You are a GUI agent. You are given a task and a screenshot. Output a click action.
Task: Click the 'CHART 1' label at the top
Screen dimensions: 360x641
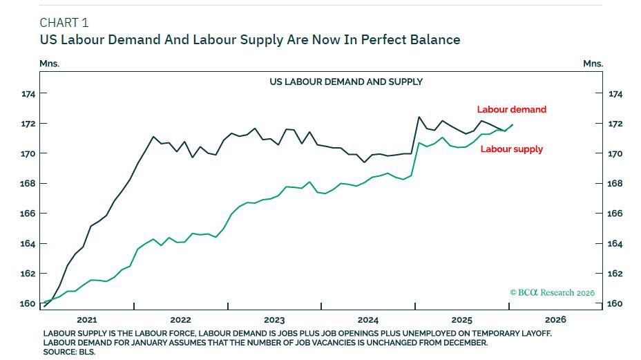64,23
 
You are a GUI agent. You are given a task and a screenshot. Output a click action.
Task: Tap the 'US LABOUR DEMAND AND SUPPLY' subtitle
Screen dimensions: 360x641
345,82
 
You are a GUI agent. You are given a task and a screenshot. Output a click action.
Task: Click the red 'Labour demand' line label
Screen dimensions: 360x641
511,109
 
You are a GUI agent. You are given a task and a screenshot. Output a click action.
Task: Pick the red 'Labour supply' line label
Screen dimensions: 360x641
511,149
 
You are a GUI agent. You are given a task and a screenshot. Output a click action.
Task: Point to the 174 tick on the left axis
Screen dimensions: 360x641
28,93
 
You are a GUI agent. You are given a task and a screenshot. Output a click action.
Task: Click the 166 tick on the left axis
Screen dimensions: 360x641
28,214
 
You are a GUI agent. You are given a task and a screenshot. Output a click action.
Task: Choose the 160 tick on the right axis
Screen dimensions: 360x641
615,303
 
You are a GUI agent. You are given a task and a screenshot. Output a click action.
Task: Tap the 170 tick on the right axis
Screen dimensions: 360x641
615,153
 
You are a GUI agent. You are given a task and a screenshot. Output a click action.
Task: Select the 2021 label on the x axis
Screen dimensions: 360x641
87,320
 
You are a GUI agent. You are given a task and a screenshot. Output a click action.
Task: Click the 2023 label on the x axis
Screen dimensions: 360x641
274,320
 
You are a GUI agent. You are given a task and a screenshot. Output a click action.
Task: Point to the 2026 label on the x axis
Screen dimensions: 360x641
555,320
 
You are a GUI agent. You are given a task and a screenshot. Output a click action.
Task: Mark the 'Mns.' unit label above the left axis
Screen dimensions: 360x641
50,64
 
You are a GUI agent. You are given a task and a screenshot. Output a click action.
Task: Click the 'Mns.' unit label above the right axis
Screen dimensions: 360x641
593,64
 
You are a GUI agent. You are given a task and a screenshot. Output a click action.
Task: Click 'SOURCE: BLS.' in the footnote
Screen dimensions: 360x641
69,352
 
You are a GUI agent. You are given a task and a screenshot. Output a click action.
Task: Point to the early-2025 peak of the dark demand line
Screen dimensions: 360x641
419,117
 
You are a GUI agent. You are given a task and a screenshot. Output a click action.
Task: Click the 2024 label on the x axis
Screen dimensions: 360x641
368,320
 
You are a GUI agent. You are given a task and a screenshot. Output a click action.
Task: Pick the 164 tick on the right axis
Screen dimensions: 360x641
615,243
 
